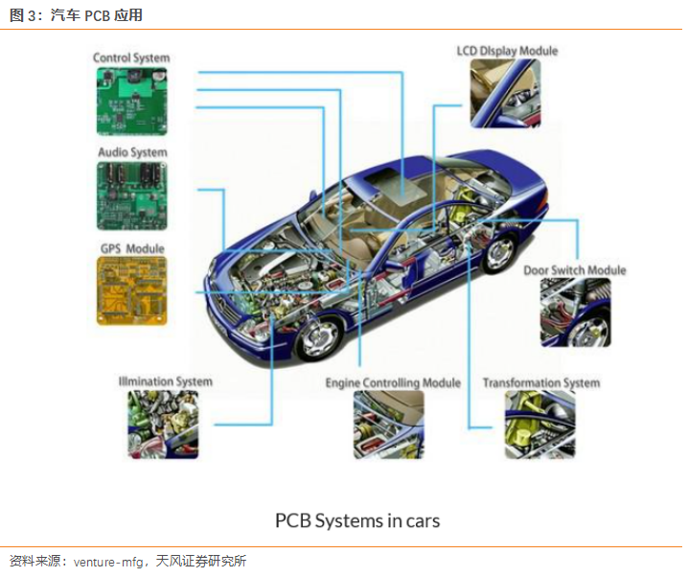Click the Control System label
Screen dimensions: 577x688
[131, 58]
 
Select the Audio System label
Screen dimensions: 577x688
[132, 152]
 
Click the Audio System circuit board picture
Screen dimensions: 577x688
[131, 196]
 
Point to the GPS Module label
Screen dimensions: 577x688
[132, 249]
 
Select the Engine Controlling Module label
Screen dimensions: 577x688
[393, 383]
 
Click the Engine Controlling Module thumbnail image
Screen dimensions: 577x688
[389, 425]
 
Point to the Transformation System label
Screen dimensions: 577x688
[540, 383]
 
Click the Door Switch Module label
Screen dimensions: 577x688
[574, 270]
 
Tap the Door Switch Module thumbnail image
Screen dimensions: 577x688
[575, 312]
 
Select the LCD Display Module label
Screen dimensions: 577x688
[507, 51]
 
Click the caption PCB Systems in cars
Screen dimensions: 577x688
[357, 520]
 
